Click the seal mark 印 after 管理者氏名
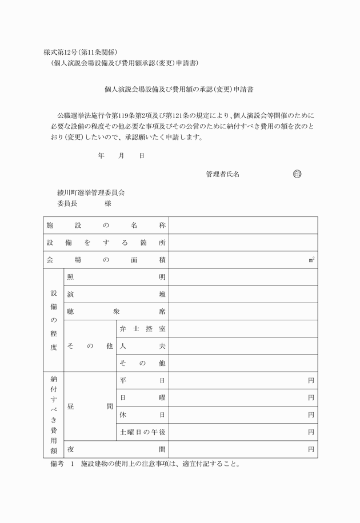point(297,174)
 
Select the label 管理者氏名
point(222,174)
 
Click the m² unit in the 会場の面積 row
point(311,260)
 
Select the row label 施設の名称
point(106,226)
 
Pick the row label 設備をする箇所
point(106,243)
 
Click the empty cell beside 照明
point(243,277)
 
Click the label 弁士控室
point(142,329)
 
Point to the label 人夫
point(142,346)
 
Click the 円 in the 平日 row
point(311,380)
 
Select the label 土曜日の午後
point(142,432)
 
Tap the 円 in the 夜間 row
point(311,449)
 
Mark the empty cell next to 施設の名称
point(243,226)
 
